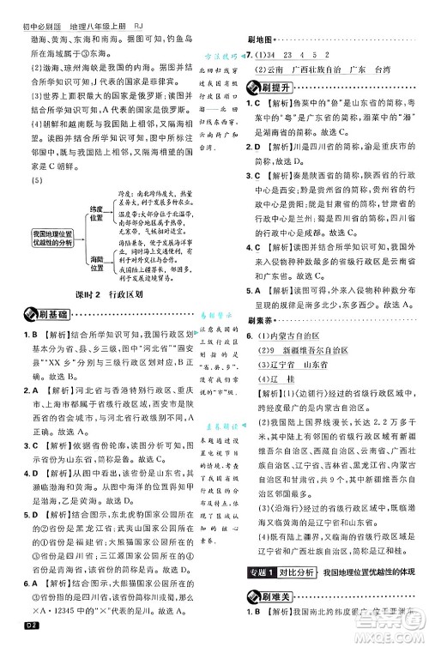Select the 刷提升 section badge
[x=272, y=87]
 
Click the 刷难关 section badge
[x=274, y=619]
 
